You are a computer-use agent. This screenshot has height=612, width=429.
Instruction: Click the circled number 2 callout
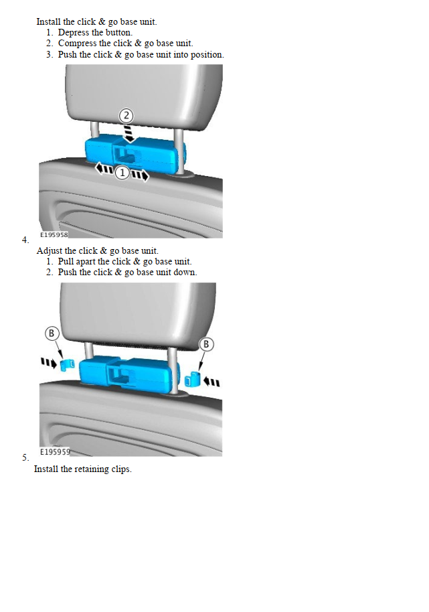tap(126, 116)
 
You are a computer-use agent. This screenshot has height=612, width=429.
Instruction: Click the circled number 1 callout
tap(122, 172)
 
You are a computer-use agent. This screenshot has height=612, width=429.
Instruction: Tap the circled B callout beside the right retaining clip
tap(206, 344)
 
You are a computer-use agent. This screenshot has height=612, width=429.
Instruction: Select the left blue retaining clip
tap(68, 364)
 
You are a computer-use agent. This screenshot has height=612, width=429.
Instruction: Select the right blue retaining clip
tap(192, 380)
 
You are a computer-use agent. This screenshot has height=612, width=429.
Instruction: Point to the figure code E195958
tap(54, 234)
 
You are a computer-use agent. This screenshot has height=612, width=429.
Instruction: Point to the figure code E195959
tap(55, 451)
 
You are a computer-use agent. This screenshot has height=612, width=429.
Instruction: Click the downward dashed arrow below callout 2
tap(128, 133)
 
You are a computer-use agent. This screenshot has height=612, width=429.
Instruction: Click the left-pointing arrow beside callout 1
tap(105, 169)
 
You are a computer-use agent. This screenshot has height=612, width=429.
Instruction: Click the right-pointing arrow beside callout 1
tap(139, 175)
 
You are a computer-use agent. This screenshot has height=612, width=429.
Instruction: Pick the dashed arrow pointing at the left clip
tap(49, 363)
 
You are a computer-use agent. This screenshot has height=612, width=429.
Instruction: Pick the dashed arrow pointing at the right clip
tap(211, 382)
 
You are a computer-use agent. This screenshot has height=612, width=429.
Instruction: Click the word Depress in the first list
tap(74, 32)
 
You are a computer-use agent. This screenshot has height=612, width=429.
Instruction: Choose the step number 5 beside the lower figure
tap(25, 457)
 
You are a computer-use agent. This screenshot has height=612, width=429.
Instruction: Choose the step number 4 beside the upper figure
tap(25, 240)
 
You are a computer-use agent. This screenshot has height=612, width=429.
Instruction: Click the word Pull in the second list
tap(66, 261)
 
